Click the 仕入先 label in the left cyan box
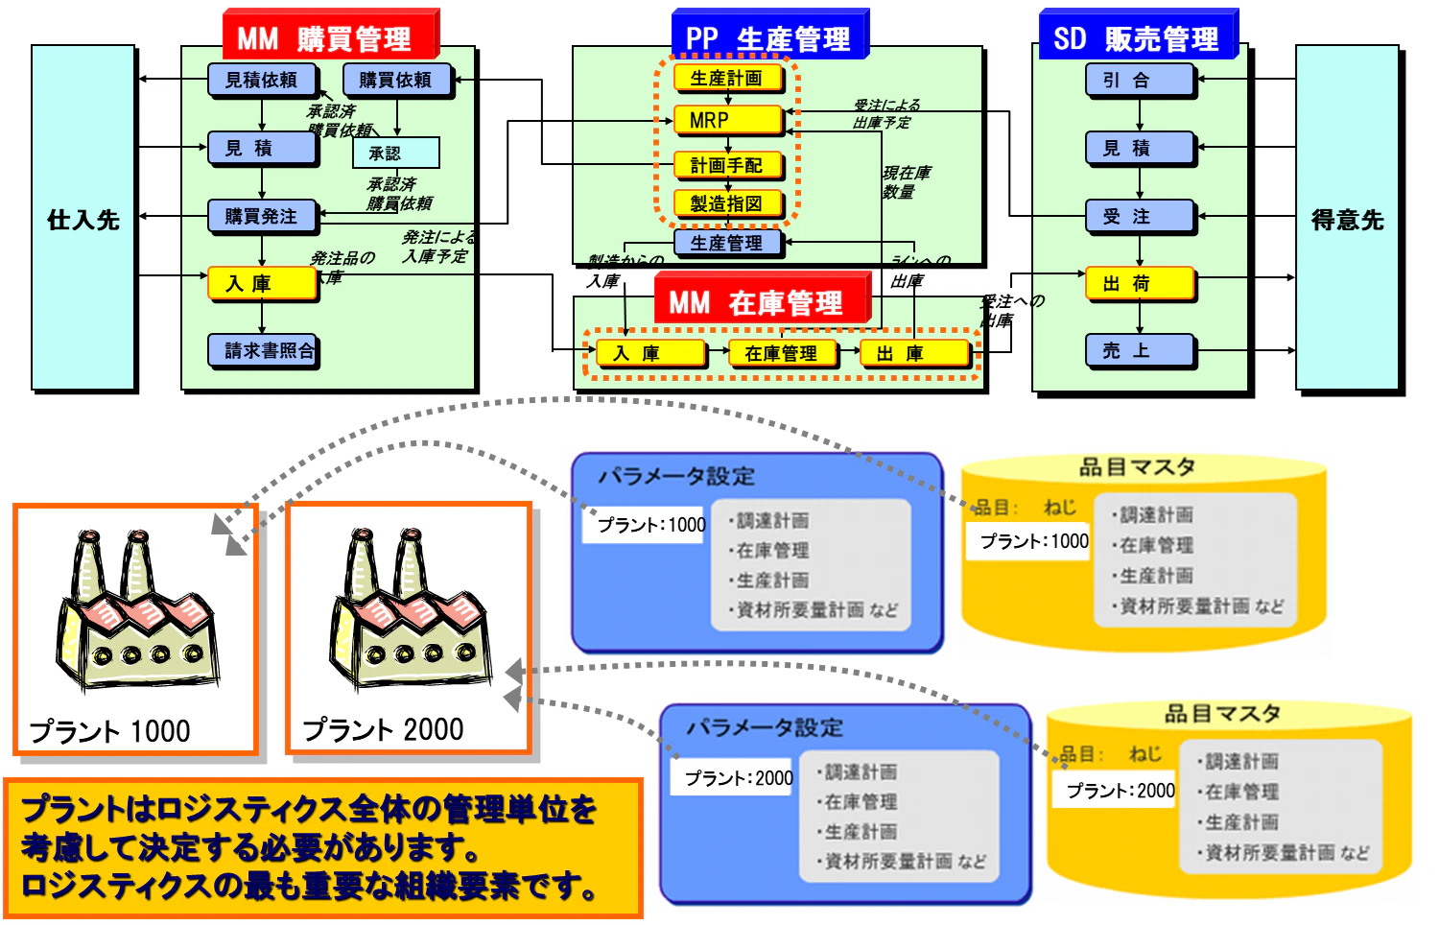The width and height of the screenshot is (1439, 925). [x=83, y=220]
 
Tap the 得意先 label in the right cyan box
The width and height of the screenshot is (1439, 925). [x=1347, y=220]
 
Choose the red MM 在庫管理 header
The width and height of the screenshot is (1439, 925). [x=762, y=302]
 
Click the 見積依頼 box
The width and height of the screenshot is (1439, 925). [x=262, y=80]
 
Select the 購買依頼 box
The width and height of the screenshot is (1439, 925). [x=395, y=80]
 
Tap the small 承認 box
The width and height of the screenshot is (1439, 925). [x=395, y=153]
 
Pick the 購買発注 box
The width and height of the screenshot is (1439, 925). [x=262, y=216]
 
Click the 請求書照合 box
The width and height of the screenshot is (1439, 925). [x=263, y=350]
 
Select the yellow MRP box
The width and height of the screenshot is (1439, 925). [x=727, y=120]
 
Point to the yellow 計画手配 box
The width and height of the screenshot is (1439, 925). [x=727, y=165]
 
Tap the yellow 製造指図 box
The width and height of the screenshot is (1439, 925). [x=727, y=203]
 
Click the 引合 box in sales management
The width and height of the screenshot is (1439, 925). [x=1140, y=80]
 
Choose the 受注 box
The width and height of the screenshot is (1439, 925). [x=1140, y=216]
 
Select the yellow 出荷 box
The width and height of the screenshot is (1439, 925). [x=1140, y=283]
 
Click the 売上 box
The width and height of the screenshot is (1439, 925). [x=1140, y=350]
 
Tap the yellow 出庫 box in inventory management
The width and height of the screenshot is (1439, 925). [x=913, y=353]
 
